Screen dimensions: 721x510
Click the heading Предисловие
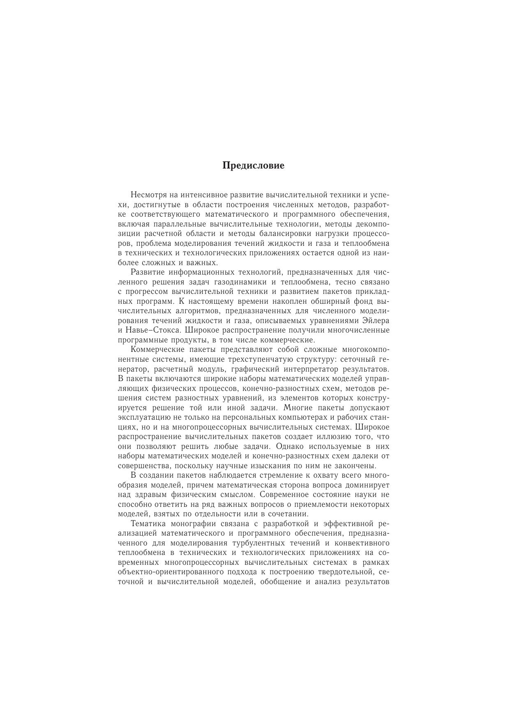253,166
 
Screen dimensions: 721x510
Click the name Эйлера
376,321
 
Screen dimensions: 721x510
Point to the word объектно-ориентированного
173,572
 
